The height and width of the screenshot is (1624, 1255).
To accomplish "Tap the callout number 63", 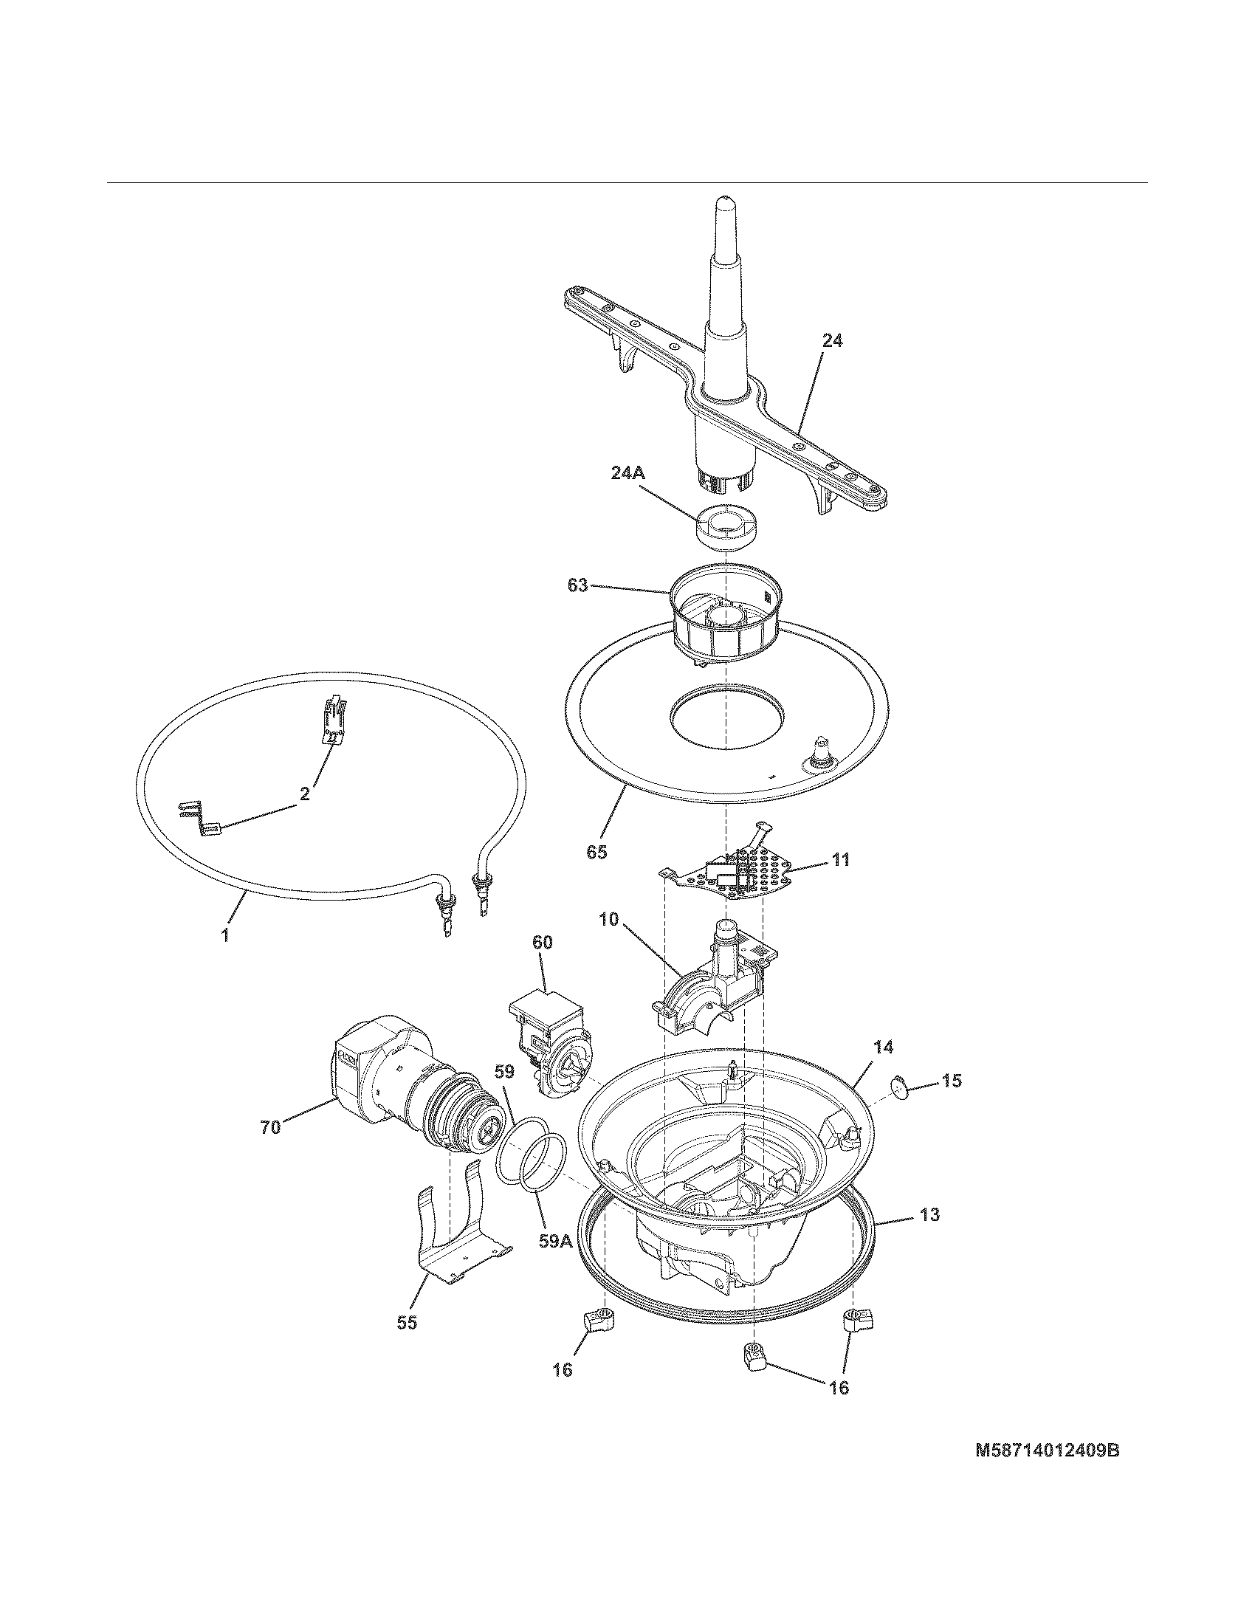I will [578, 585].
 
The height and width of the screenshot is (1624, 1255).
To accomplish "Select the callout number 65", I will [596, 852].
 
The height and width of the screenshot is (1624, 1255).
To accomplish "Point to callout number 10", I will [608, 919].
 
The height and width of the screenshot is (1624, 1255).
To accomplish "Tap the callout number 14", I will [882, 1047].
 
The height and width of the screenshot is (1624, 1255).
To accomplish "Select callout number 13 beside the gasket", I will [929, 1214].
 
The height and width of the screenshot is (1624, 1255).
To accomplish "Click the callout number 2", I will [305, 794].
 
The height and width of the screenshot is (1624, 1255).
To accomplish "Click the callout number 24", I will [833, 341].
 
